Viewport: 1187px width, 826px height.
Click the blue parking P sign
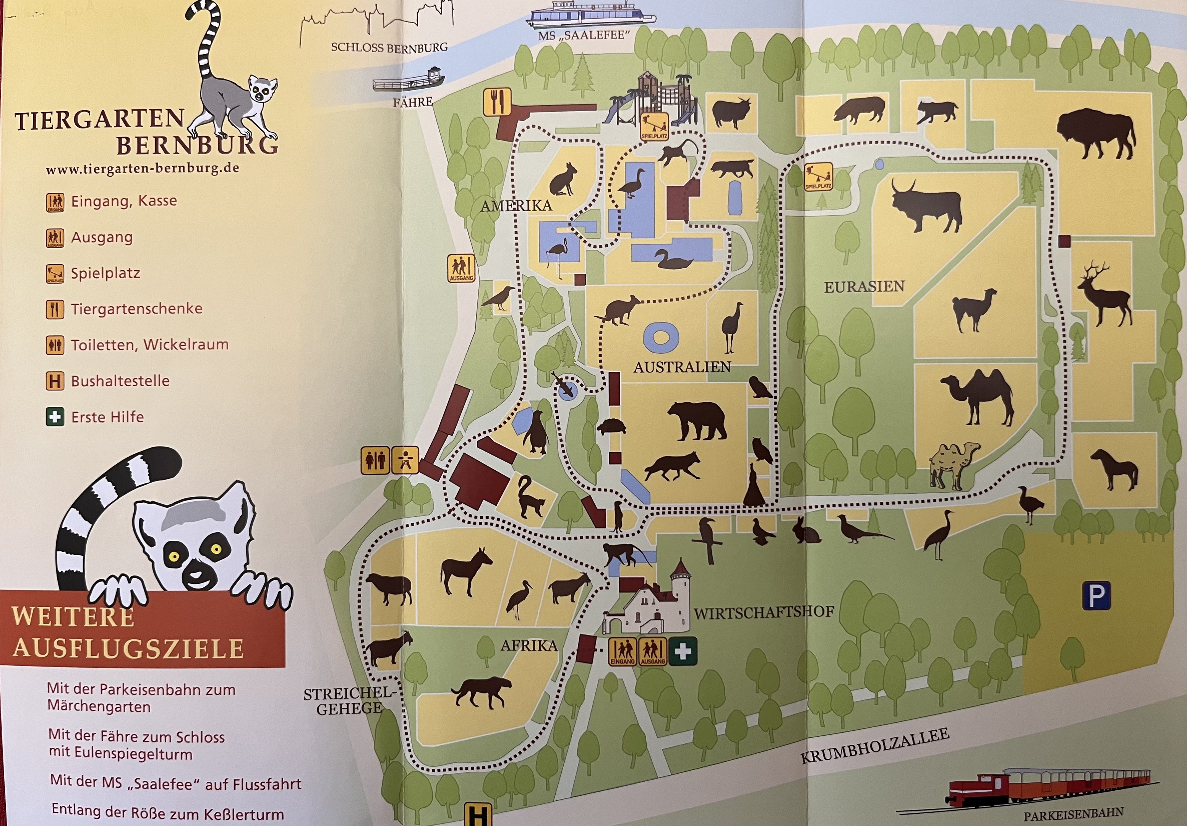coord(1096,596)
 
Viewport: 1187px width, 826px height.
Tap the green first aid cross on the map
coord(683,651)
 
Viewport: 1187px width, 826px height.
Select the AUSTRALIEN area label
coord(682,367)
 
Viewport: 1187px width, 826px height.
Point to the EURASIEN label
coord(864,286)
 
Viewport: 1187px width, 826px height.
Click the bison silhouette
coord(1096,133)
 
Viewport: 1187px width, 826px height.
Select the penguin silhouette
coord(535,433)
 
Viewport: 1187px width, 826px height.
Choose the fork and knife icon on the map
coord(497,102)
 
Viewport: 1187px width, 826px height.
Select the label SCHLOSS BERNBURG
coord(389,47)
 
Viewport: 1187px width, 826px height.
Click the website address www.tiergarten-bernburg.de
coord(142,169)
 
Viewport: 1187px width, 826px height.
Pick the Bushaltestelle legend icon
coord(55,381)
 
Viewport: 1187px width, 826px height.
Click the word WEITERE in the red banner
coord(72,616)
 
